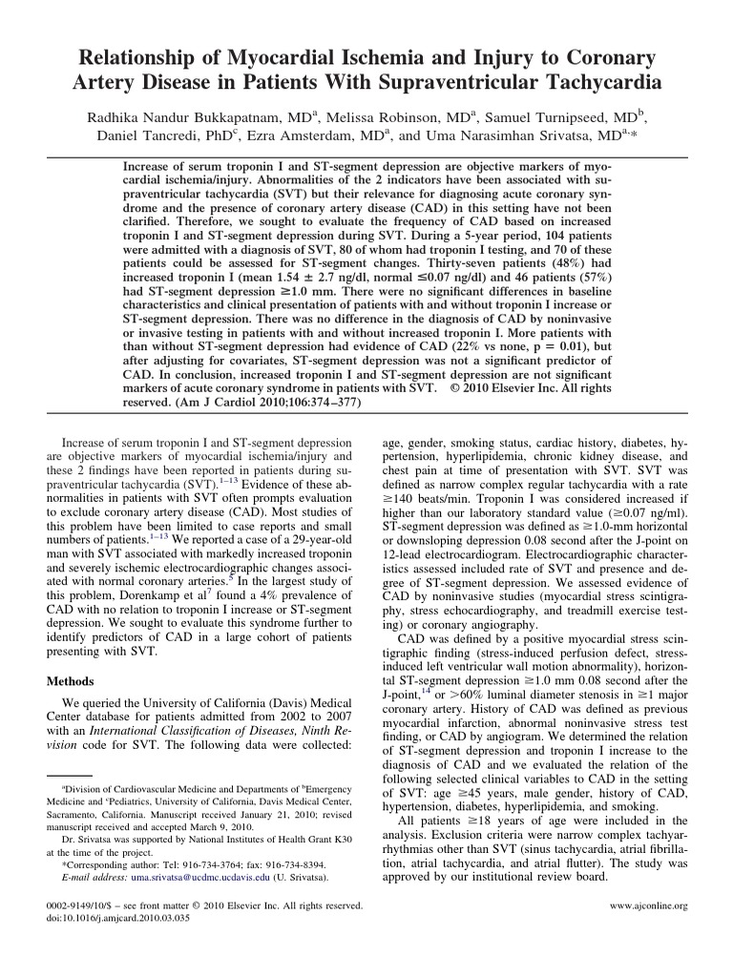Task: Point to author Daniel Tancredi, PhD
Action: click(153, 136)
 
